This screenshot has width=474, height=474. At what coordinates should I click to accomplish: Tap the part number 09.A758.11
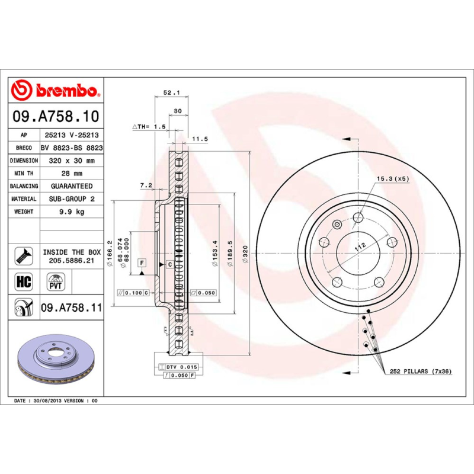(x=72, y=308)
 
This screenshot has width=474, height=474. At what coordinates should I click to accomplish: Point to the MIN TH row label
(x=24, y=174)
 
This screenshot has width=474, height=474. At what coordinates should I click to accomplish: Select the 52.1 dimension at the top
(x=171, y=92)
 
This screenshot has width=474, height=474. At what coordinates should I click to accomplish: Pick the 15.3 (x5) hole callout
(x=392, y=178)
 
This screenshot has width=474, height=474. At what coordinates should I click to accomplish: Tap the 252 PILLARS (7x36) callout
(x=420, y=371)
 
